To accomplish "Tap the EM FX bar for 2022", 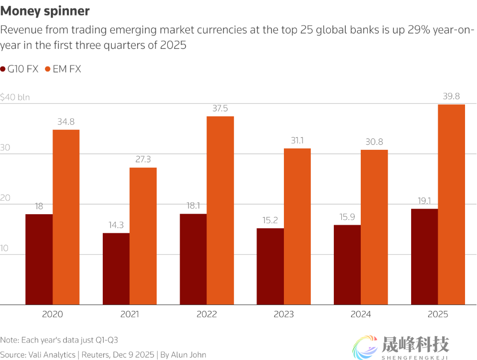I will coord(220,210).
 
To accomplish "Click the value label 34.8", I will coord(66,121).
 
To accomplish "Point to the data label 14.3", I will coord(116,225).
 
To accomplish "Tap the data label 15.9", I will coord(347,217).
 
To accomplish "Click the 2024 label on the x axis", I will coord(361,315).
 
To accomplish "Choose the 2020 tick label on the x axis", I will coord(53,315).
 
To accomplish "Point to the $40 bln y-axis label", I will coord(15,97).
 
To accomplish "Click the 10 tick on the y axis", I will coord(5,248).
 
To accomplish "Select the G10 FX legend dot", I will coord(3,69).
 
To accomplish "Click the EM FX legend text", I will coord(67,69).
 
